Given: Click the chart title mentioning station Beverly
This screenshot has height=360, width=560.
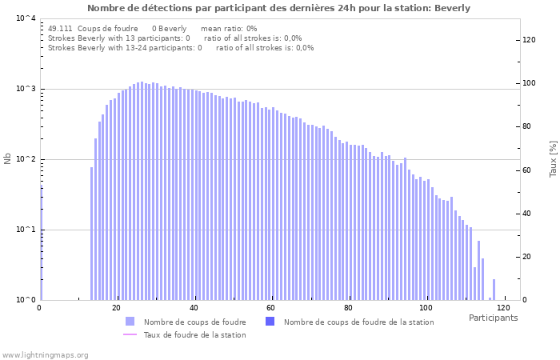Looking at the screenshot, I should click(x=279, y=8).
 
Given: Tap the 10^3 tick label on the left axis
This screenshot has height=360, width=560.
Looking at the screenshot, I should click(x=26, y=89).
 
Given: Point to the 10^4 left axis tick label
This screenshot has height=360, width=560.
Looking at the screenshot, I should click(x=26, y=18).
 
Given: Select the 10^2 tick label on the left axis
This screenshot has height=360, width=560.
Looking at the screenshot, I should click(x=26, y=159).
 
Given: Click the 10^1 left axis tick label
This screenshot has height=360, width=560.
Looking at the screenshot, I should click(x=26, y=230).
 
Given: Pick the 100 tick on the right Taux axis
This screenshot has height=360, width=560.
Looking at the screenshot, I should click(x=529, y=83).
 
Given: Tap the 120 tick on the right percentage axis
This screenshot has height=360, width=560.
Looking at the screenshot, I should click(x=529, y=40).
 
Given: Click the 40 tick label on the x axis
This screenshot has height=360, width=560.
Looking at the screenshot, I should click(x=194, y=308).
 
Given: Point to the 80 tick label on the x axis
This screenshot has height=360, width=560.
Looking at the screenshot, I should click(x=349, y=308).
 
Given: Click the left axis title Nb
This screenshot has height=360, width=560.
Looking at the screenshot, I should click(x=8, y=159).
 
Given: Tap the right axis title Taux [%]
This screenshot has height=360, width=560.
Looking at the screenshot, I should click(x=553, y=159).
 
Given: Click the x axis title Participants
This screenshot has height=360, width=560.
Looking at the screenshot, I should click(x=493, y=318).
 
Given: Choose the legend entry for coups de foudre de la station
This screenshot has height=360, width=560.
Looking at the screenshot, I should click(x=358, y=322).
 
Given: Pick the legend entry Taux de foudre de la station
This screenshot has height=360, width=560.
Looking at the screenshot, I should click(x=194, y=335).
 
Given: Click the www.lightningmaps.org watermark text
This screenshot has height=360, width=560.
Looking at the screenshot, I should click(x=46, y=355).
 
